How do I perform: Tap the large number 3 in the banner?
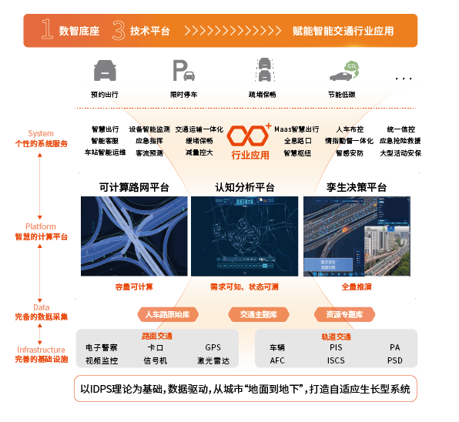pyautogui.click(x=118, y=30)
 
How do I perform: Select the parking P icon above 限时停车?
pyautogui.click(x=183, y=72)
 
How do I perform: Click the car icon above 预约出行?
pyautogui.click(x=104, y=72)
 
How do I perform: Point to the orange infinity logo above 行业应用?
pyautogui.click(x=250, y=136)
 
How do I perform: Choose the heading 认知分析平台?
pyautogui.click(x=244, y=187)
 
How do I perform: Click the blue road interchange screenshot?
pyautogui.click(x=134, y=236)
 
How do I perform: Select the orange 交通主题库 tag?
pyautogui.click(x=259, y=314)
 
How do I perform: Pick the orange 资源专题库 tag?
pyautogui.click(x=344, y=314)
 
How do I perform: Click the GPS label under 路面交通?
pyautogui.click(x=213, y=348)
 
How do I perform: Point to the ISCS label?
pyautogui.click(x=336, y=360)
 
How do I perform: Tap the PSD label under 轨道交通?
pyautogui.click(x=395, y=360)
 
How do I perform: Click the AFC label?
pyautogui.click(x=277, y=360)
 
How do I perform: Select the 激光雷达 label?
pyautogui.click(x=213, y=360)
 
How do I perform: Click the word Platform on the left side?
pyautogui.click(x=41, y=227)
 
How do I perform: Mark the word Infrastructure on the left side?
pyautogui.click(x=41, y=350)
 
